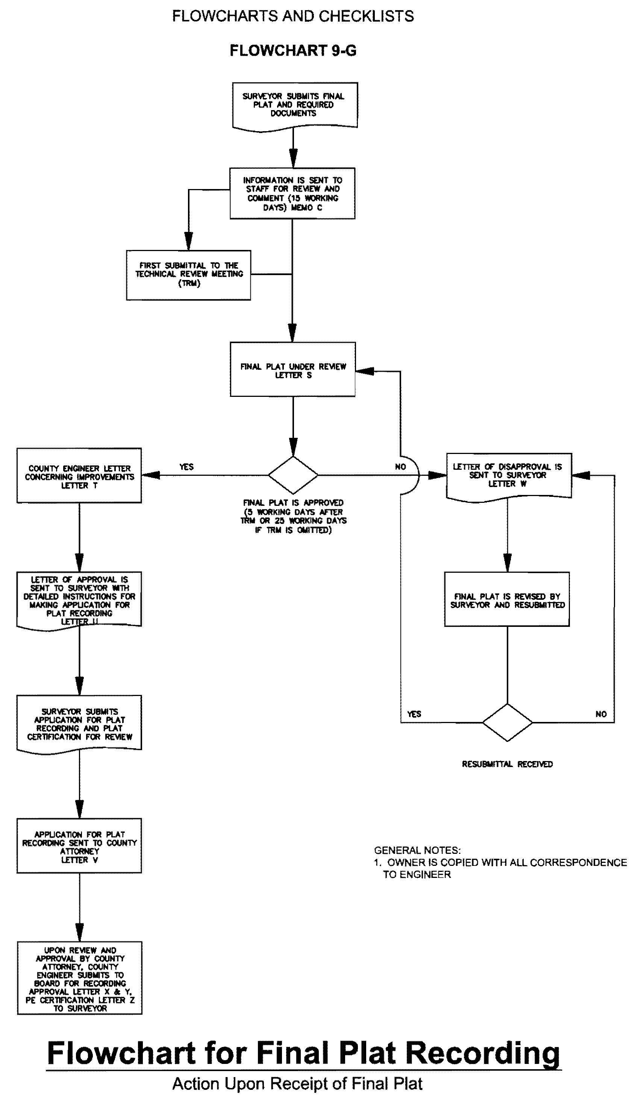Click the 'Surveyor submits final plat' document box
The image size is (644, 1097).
click(x=295, y=105)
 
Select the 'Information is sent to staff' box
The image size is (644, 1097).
click(x=292, y=193)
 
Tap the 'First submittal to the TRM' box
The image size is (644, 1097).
click(x=189, y=275)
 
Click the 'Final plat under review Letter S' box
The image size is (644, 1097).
click(x=292, y=369)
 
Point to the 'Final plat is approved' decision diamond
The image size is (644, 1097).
click(x=293, y=475)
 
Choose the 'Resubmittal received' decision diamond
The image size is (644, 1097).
click(x=507, y=722)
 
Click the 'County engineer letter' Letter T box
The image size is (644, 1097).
click(x=79, y=476)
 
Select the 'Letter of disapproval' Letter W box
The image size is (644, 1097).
click(x=509, y=475)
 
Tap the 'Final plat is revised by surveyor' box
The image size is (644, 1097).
click(x=507, y=599)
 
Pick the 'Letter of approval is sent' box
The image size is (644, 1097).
click(x=79, y=599)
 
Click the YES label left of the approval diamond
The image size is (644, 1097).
click(x=186, y=467)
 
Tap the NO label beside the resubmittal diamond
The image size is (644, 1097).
click(x=601, y=714)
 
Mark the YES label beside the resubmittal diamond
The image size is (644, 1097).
click(x=414, y=714)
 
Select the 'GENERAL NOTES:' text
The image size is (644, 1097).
click(x=417, y=850)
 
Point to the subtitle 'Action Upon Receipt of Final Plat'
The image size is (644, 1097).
click(x=297, y=1083)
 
